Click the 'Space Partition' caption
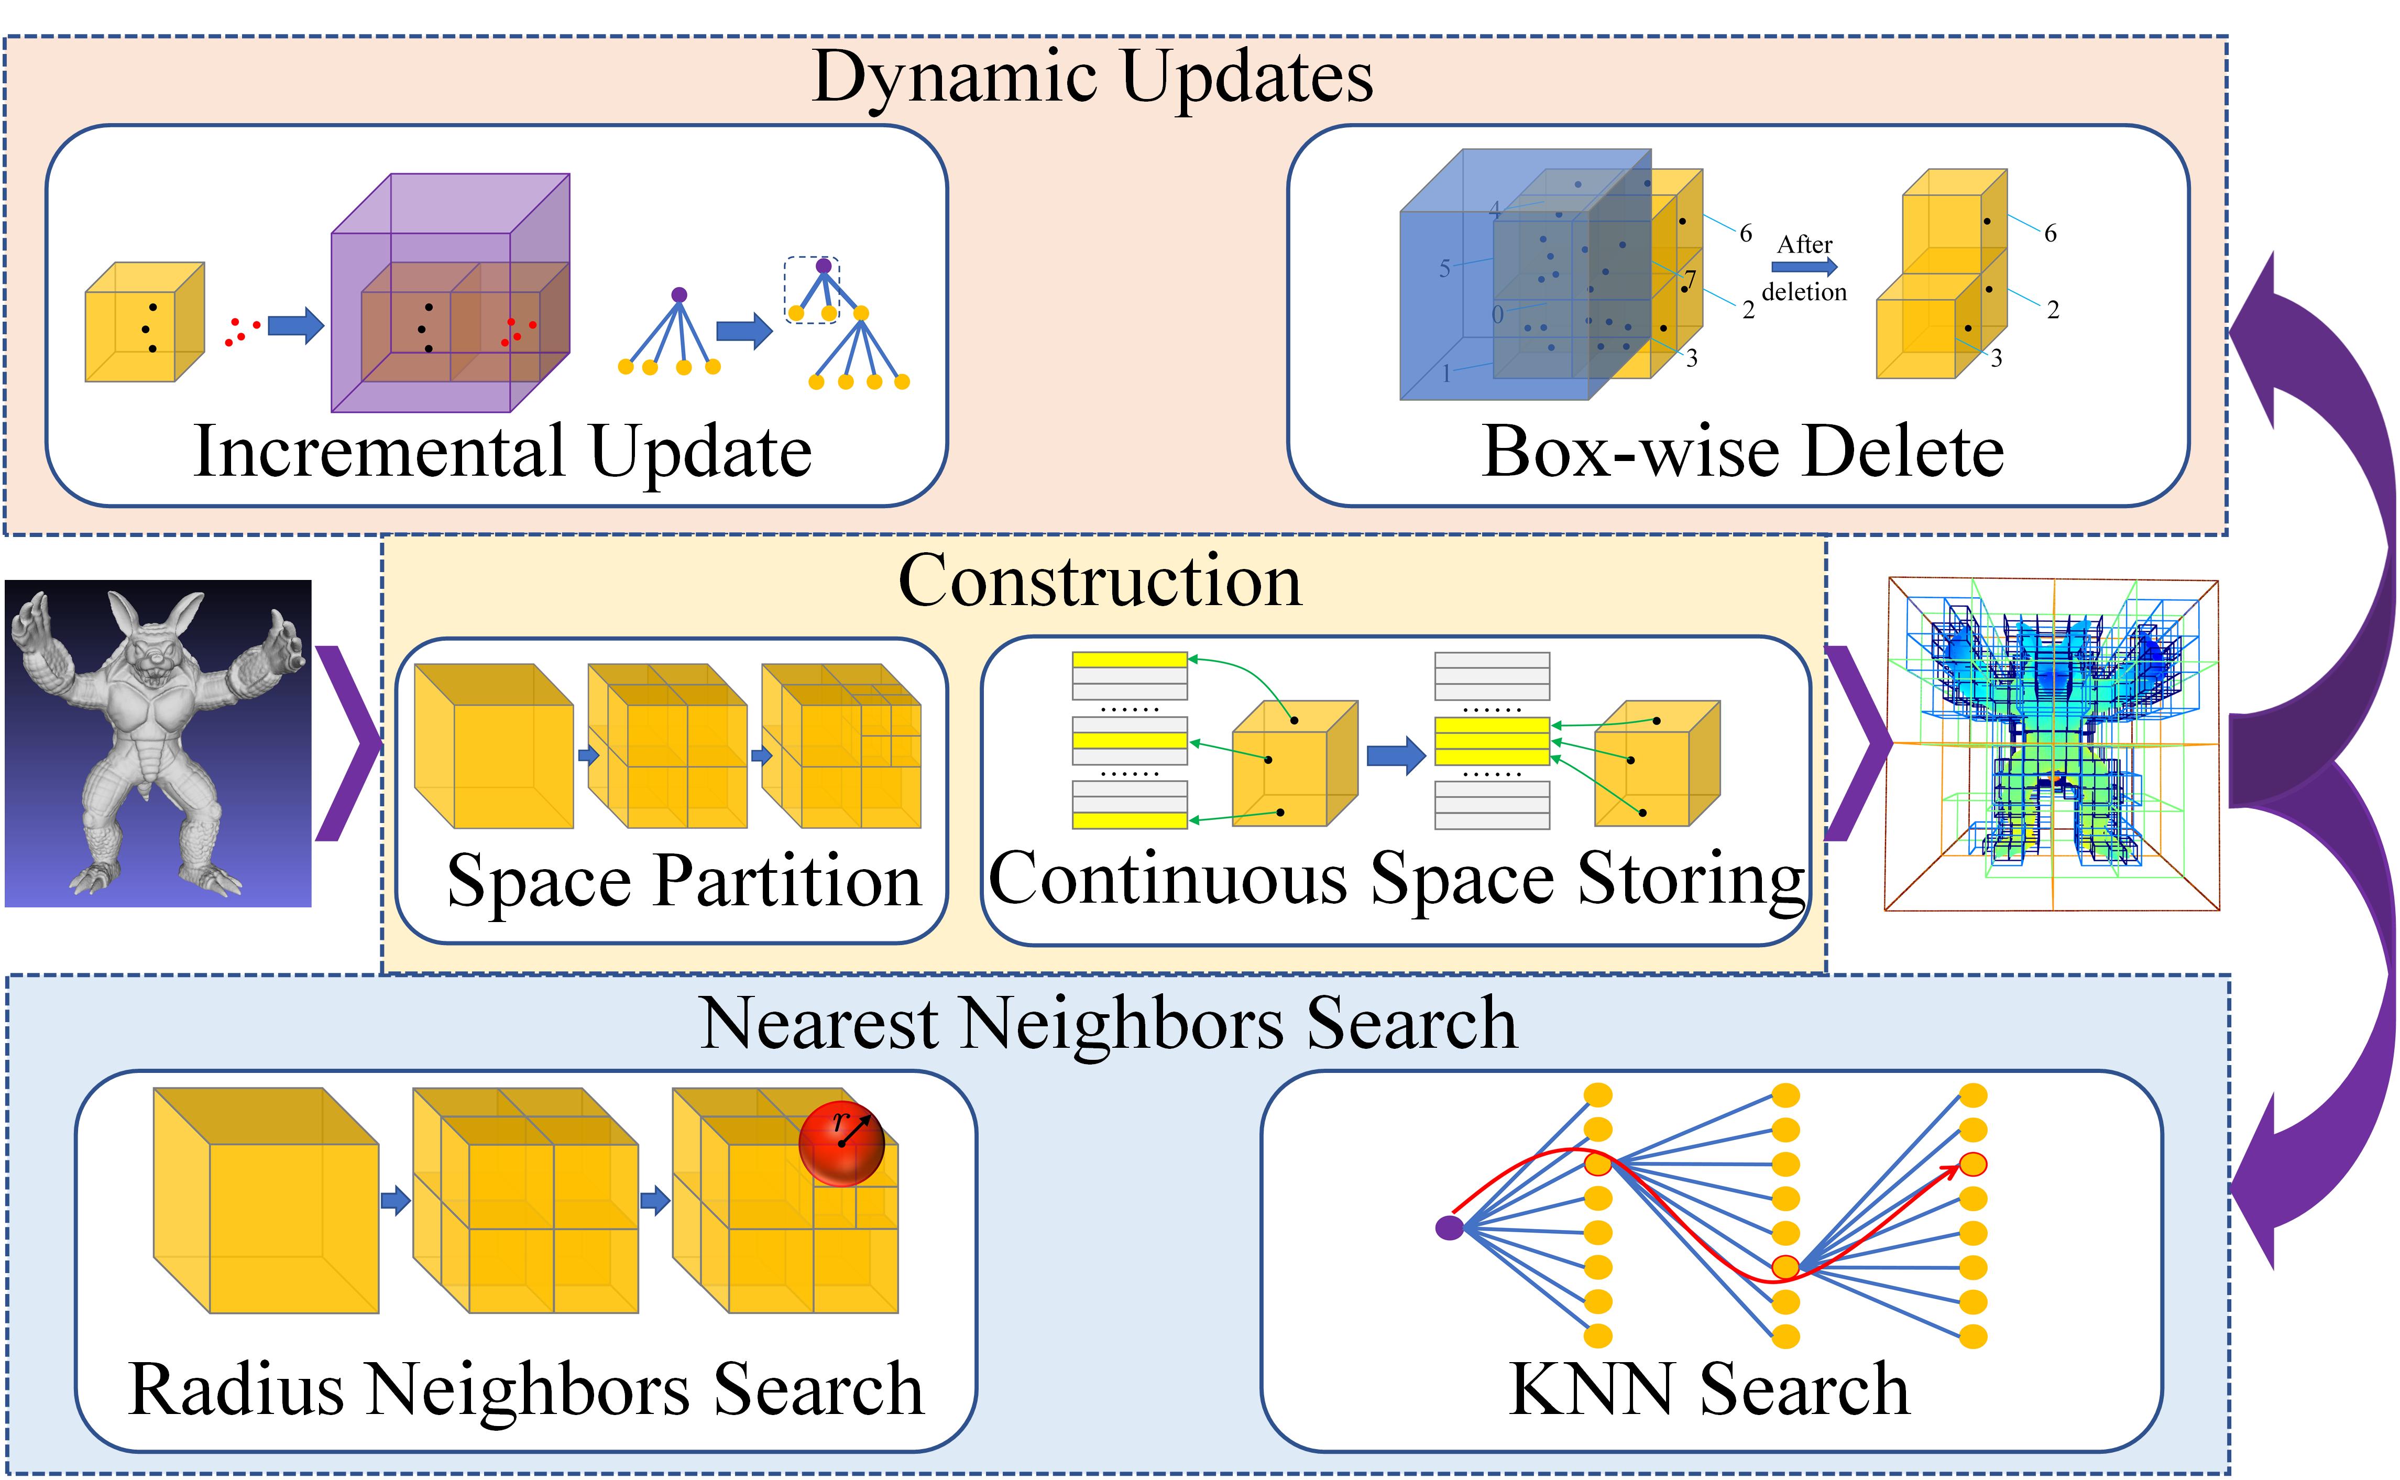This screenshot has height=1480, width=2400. (x=683, y=881)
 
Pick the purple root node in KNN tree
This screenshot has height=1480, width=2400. (x=1449, y=1227)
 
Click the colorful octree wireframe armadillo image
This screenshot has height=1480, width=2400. (x=2051, y=744)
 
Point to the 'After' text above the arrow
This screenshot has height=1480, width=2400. (x=1804, y=245)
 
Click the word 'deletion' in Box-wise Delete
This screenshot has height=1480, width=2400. (x=1804, y=292)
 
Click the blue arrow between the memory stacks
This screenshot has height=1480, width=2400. (x=1395, y=755)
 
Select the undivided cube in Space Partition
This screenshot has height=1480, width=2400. (x=494, y=746)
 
